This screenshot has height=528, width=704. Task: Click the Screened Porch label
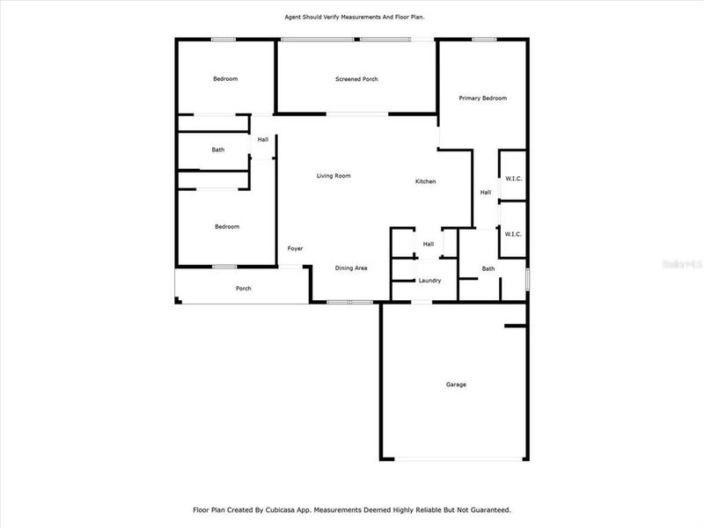click(356, 79)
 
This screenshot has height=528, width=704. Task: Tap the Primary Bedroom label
click(483, 98)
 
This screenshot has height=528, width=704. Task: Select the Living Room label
click(334, 176)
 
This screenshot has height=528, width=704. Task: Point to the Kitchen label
click(426, 181)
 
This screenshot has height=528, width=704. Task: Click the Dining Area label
click(350, 268)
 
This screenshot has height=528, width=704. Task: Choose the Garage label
click(456, 385)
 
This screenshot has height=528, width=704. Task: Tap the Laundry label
click(429, 281)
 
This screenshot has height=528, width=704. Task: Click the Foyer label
click(296, 248)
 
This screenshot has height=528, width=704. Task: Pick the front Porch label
click(243, 289)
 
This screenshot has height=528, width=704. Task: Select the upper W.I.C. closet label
click(514, 179)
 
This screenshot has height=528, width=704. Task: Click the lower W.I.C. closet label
click(514, 234)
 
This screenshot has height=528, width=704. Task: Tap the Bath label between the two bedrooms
click(218, 150)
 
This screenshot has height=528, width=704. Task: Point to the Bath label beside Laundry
click(488, 268)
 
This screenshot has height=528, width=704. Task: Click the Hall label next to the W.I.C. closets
click(486, 193)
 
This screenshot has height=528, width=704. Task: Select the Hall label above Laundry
click(429, 244)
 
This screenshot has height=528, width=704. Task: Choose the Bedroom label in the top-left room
click(225, 79)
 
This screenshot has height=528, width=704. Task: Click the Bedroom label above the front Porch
click(227, 226)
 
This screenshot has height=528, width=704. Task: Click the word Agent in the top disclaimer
click(292, 17)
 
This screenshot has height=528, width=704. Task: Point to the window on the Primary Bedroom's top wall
click(484, 39)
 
